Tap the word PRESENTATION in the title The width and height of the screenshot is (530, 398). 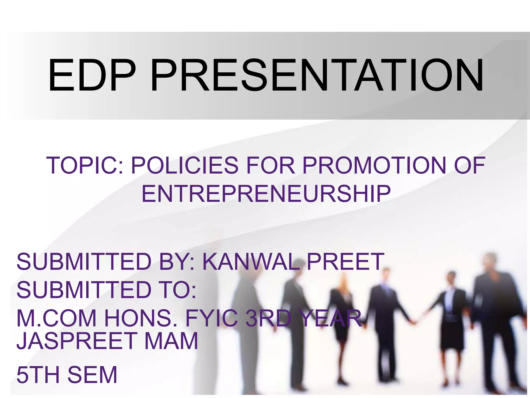pos(316,75)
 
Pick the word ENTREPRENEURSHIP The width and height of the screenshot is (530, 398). pos(266,194)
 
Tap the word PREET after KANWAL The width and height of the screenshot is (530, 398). pos(345,262)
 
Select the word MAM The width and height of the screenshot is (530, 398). pos(171,341)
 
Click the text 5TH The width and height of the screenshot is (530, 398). pos(38,375)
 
